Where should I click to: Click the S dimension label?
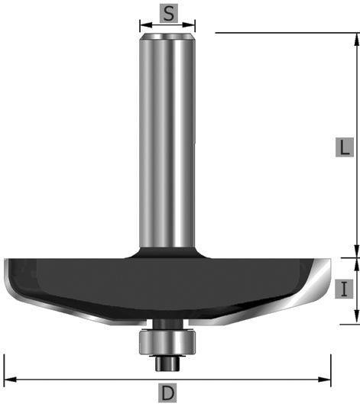tap(169, 14)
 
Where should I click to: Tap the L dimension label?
tap(344, 147)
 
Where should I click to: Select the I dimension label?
tap(344, 289)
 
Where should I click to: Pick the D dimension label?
tap(167, 393)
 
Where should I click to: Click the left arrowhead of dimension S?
tap(146, 25)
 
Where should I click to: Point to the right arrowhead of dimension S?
tap(189, 25)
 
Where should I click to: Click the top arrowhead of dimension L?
tap(356, 40)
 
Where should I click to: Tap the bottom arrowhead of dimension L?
tap(356, 251)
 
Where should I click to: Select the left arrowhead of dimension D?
tap(10, 380)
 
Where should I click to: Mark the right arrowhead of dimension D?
tap(324, 380)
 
